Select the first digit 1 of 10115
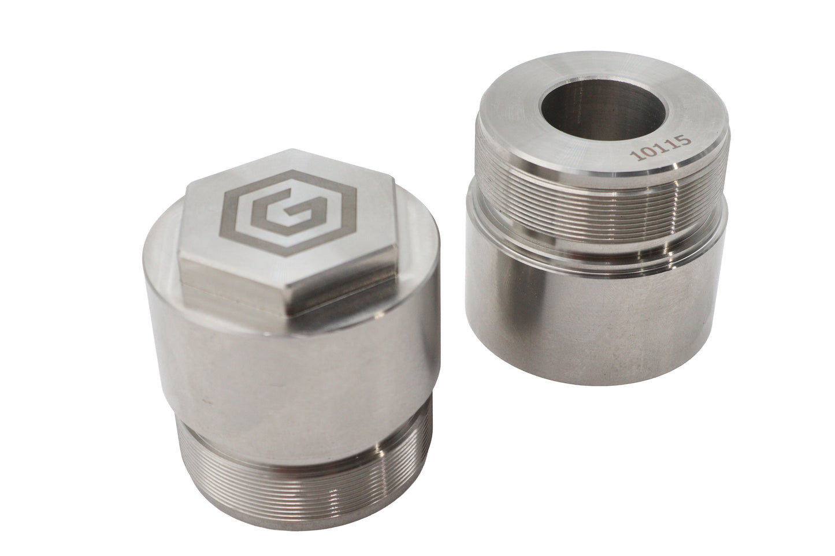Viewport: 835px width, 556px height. coord(634,155)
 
